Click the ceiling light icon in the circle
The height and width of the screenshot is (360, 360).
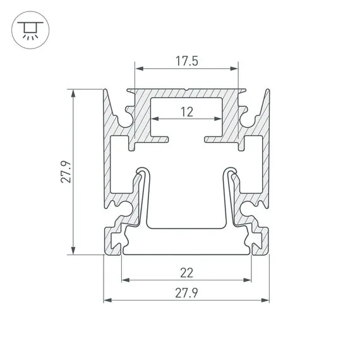point(28,29)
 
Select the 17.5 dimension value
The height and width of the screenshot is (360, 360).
point(187,61)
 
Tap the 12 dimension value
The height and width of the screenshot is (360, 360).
point(186,112)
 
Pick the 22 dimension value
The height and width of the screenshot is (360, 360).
point(186,273)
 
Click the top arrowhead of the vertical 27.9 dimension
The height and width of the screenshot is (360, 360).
point(75,93)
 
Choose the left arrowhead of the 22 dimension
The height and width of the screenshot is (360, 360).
point(125,280)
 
